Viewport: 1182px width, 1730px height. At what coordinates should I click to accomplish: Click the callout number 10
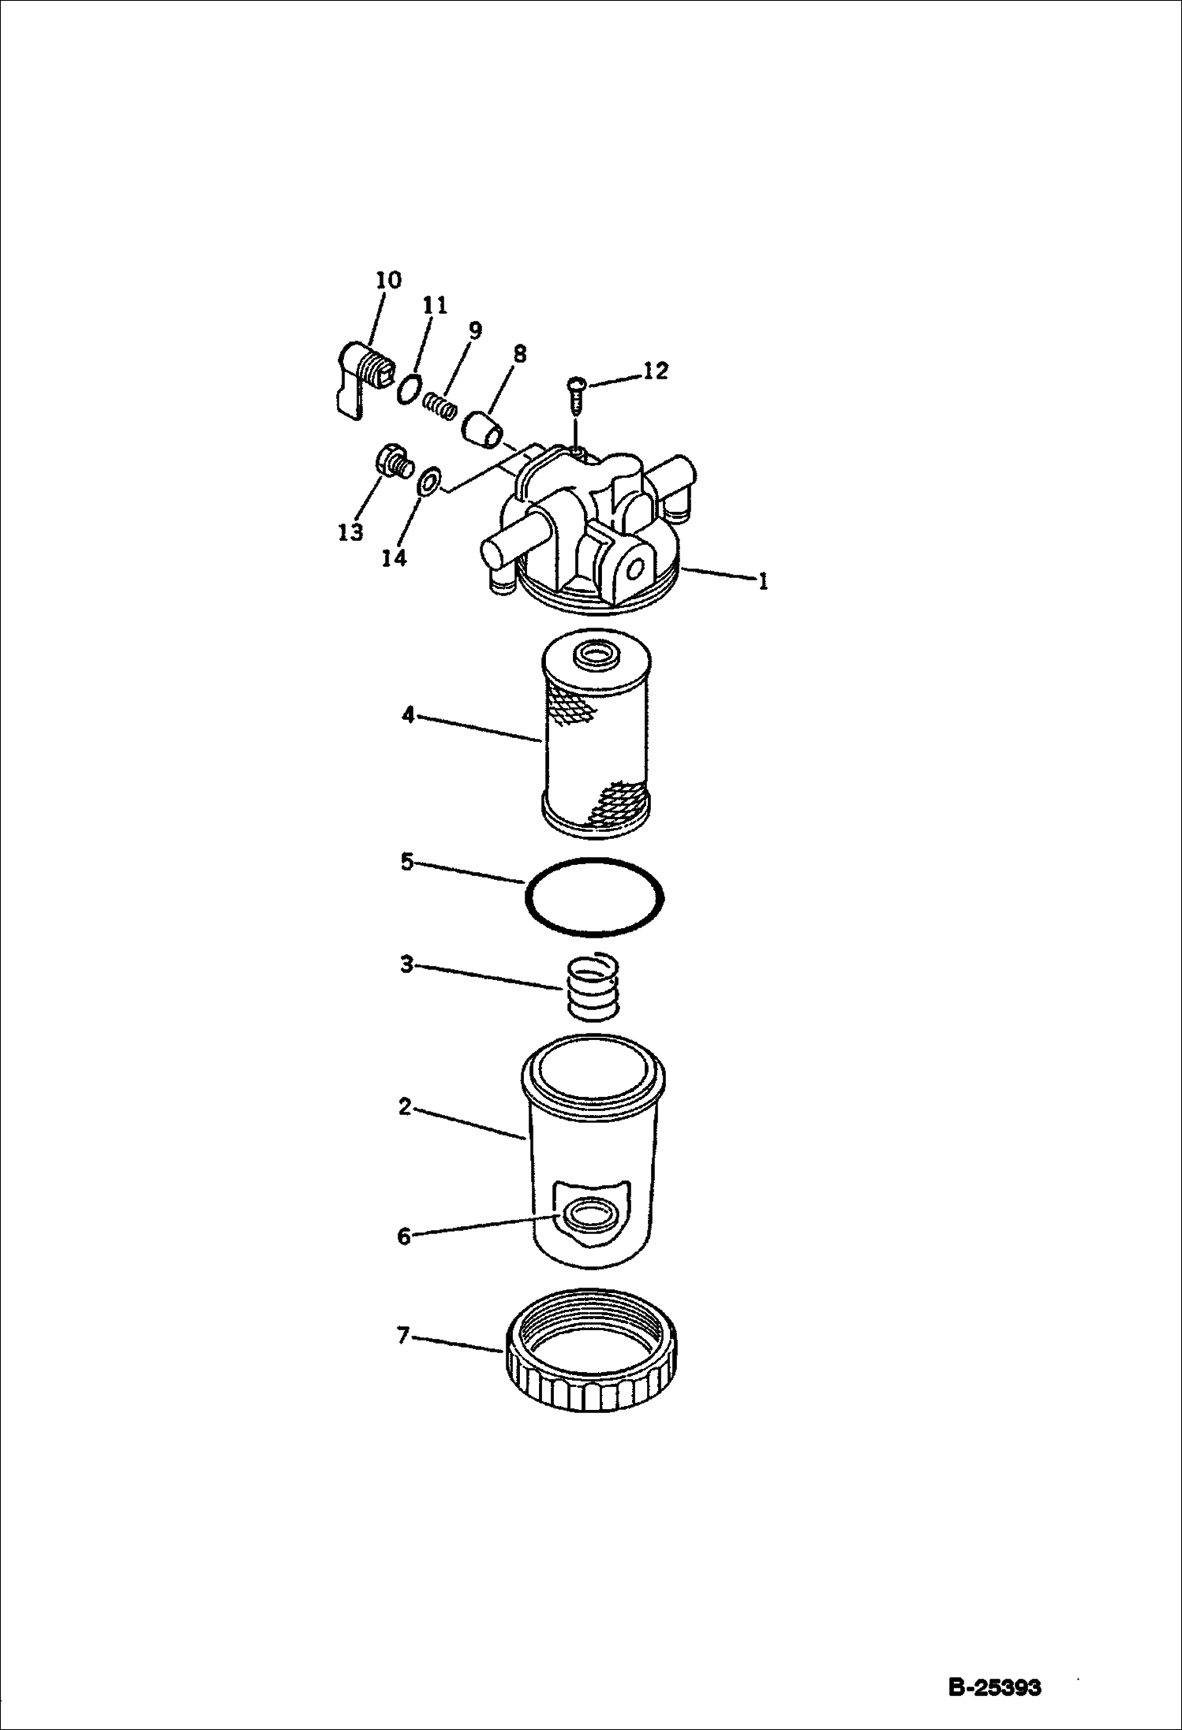click(388, 280)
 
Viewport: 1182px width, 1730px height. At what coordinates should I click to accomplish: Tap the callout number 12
click(656, 371)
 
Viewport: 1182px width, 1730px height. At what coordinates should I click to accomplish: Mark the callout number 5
click(407, 862)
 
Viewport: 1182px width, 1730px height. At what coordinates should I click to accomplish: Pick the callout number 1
click(761, 582)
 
